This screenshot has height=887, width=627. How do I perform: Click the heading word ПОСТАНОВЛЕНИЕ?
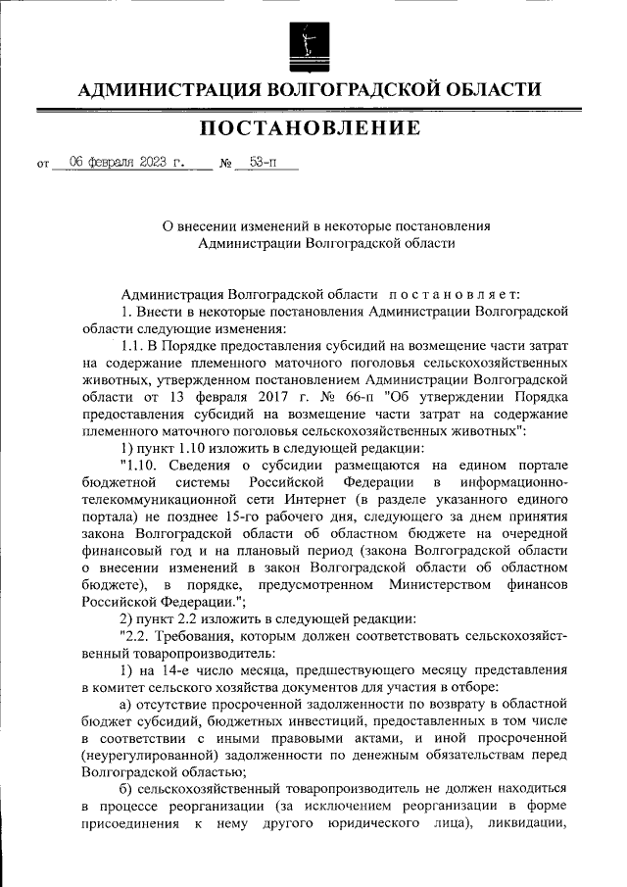coord(312,128)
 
